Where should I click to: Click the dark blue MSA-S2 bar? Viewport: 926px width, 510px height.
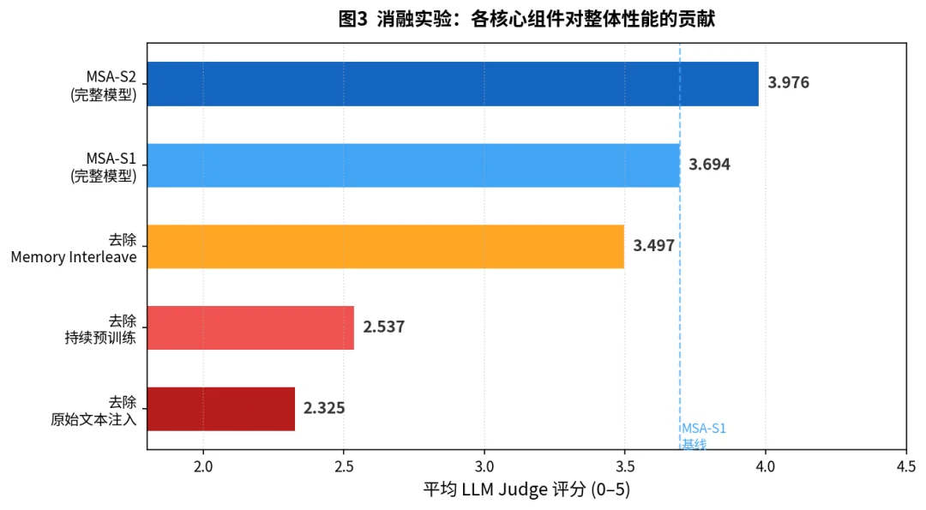pos(453,84)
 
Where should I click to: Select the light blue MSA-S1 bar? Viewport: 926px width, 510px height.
pos(413,165)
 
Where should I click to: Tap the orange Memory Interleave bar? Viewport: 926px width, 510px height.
pos(385,246)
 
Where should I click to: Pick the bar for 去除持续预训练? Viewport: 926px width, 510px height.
pos(250,327)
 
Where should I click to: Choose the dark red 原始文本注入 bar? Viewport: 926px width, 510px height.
pos(220,408)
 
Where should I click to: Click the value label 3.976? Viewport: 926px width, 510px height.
pos(788,83)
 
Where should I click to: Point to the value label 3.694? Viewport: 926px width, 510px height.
pos(709,165)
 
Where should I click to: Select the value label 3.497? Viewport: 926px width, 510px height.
pos(653,246)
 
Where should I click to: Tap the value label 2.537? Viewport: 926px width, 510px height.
pos(383,327)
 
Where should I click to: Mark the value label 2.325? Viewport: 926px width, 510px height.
pos(324,408)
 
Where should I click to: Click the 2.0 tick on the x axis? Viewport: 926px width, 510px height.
pos(203,465)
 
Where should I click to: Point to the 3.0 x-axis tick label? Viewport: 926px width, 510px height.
pos(484,465)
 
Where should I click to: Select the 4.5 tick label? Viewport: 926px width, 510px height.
pos(905,465)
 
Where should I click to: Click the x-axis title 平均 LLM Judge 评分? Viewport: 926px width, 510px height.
pos(527,489)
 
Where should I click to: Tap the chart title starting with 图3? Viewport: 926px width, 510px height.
pos(526,20)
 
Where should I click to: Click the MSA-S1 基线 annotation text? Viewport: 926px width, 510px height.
pos(703,435)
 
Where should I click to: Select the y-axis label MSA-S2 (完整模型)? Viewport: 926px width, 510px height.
pos(104,84)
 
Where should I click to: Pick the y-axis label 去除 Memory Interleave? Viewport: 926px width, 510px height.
pos(74,247)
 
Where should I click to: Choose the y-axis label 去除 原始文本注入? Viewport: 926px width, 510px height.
pos(93,410)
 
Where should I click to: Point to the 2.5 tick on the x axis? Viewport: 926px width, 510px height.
pos(344,465)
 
